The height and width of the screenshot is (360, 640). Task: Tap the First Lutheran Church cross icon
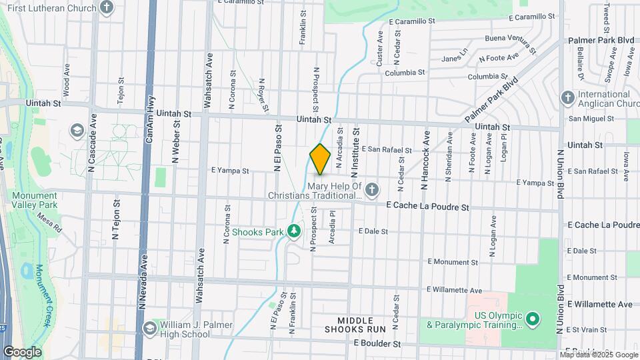(107, 8)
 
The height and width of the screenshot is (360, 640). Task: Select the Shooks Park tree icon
(293, 231)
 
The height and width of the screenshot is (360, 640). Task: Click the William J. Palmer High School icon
(150, 327)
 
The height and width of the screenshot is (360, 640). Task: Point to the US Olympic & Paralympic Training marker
(532, 319)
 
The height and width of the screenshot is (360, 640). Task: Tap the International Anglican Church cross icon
(567, 98)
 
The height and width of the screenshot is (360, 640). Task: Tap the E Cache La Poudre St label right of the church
(427, 207)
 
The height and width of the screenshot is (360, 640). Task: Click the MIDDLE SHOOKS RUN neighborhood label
(355, 325)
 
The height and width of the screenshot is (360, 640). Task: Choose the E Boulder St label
(377, 344)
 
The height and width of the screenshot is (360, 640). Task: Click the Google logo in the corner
(22, 351)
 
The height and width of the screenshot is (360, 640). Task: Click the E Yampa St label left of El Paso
(230, 171)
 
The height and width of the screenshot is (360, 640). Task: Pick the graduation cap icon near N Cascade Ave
(77, 129)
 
